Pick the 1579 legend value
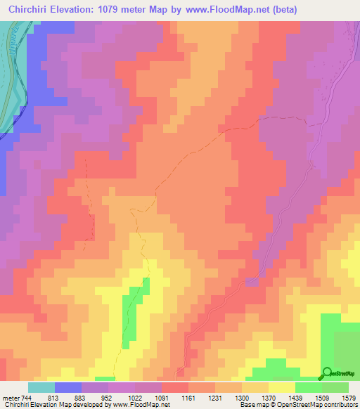[349, 397]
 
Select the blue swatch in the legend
[67, 387]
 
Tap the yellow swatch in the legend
[282, 387]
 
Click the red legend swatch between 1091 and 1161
[174, 387]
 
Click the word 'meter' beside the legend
[11, 397]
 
